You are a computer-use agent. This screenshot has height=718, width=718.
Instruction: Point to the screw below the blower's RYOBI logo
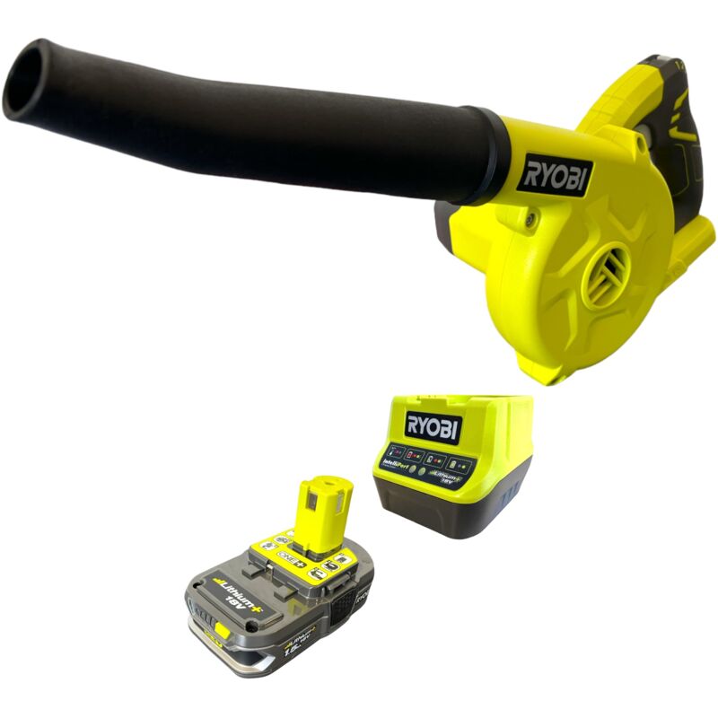pyautogui.click(x=532, y=215)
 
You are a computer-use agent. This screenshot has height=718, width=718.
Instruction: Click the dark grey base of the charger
pyautogui.click(x=449, y=521)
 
